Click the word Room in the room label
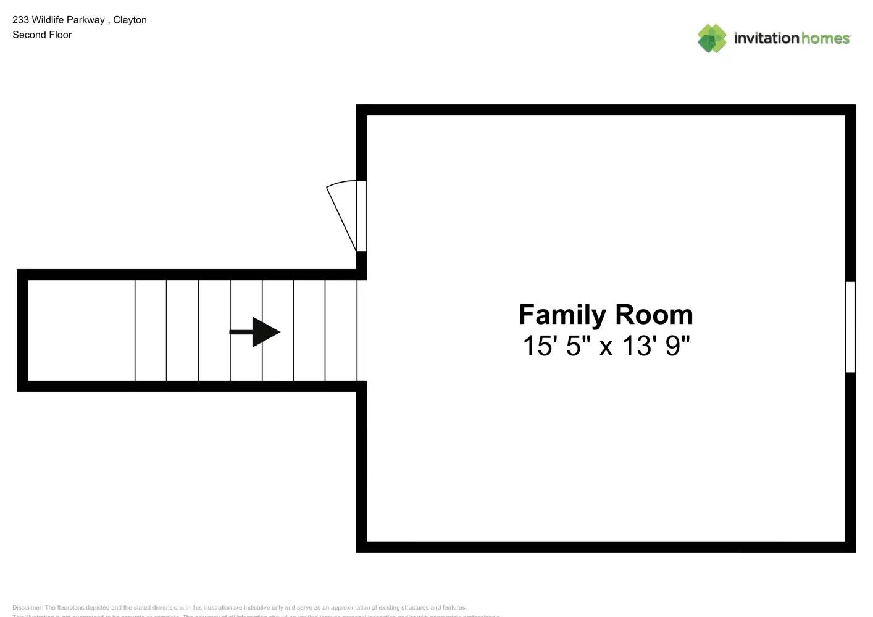(x=654, y=315)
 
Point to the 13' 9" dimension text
(x=656, y=346)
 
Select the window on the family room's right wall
(x=850, y=327)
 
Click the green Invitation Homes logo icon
(x=712, y=38)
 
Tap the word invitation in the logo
(x=766, y=38)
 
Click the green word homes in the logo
(x=826, y=38)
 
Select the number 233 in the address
(x=20, y=20)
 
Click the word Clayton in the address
(x=130, y=20)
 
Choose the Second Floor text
(x=42, y=35)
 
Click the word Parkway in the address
(x=86, y=20)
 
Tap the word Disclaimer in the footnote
(x=27, y=608)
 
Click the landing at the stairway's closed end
(x=81, y=330)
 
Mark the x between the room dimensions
(x=606, y=347)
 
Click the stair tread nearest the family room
(x=341, y=330)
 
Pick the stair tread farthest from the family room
(x=151, y=330)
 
